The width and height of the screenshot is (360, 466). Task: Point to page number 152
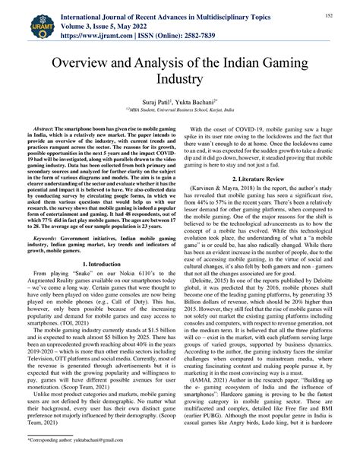pos(332,14)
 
